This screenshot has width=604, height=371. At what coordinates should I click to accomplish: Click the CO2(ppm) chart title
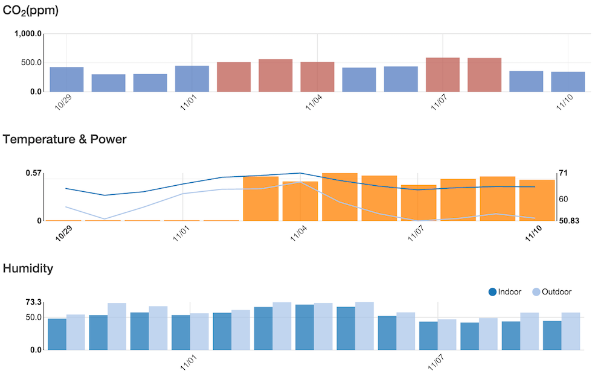(31, 10)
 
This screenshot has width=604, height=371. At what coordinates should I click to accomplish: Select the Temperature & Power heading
(65, 140)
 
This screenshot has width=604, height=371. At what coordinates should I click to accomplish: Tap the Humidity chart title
(28, 268)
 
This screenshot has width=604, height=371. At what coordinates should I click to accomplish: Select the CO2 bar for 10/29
(66, 80)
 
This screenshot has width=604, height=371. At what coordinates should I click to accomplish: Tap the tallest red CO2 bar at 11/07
(443, 75)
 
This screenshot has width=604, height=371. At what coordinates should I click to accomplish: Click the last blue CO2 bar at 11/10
(568, 82)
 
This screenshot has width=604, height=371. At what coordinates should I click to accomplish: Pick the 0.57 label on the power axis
(33, 174)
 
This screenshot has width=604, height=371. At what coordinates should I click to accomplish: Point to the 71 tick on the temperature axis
(563, 174)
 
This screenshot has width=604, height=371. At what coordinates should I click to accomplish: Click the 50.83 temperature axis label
(568, 221)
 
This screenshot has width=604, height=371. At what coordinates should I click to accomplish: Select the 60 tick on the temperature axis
(563, 198)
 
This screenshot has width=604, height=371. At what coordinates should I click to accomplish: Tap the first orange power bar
(260, 199)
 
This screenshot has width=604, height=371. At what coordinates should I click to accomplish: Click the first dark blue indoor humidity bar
(57, 334)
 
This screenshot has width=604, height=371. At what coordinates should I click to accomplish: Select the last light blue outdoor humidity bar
(571, 331)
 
